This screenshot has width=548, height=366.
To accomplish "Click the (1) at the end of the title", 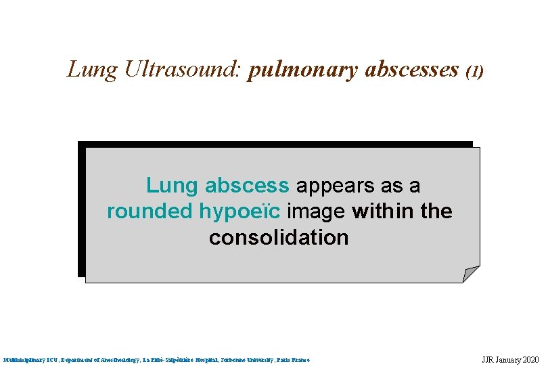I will [476, 70].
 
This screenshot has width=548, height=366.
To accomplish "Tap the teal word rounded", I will [150, 211].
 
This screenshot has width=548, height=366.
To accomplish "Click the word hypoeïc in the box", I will [239, 212].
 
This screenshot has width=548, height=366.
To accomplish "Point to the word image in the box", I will [316, 212].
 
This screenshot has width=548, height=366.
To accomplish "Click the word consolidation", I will [279, 238].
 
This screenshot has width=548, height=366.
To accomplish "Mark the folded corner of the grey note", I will [470, 274].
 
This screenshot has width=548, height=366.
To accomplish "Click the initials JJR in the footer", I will [488, 359].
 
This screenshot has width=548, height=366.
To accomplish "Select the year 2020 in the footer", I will [529, 359].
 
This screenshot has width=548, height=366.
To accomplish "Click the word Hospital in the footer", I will [204, 359].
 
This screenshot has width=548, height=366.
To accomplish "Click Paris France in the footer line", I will [292, 359].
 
